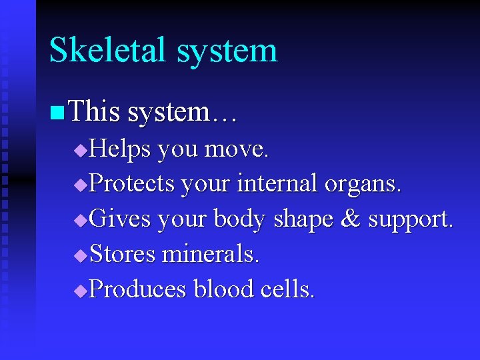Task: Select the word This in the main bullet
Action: coord(93,111)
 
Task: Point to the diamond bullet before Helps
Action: coord(80,151)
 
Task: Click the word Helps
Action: coord(120,150)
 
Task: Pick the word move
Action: coord(237,150)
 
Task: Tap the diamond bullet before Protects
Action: coord(80,186)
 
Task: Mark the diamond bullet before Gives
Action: coord(80,221)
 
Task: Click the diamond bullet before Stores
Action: coord(80,255)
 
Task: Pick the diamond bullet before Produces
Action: coord(80,290)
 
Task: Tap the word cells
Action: coord(287,289)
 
